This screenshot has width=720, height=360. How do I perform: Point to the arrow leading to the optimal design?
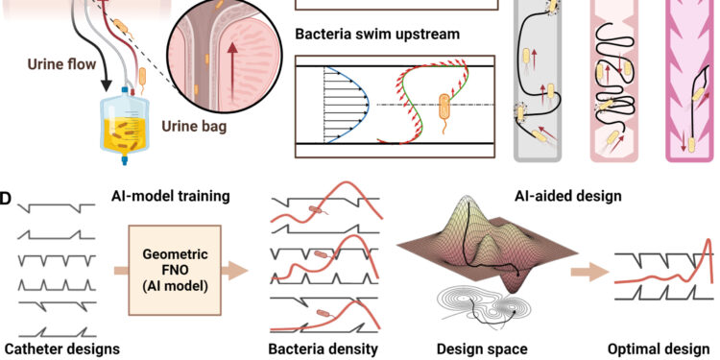585,272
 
